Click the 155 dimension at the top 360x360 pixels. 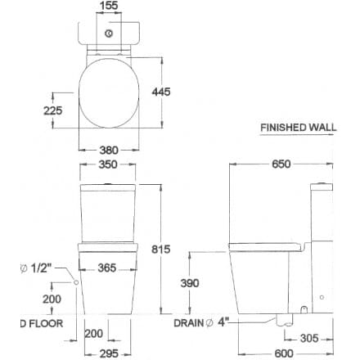108,7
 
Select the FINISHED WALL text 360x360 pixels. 297,128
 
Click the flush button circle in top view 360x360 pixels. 108,34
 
